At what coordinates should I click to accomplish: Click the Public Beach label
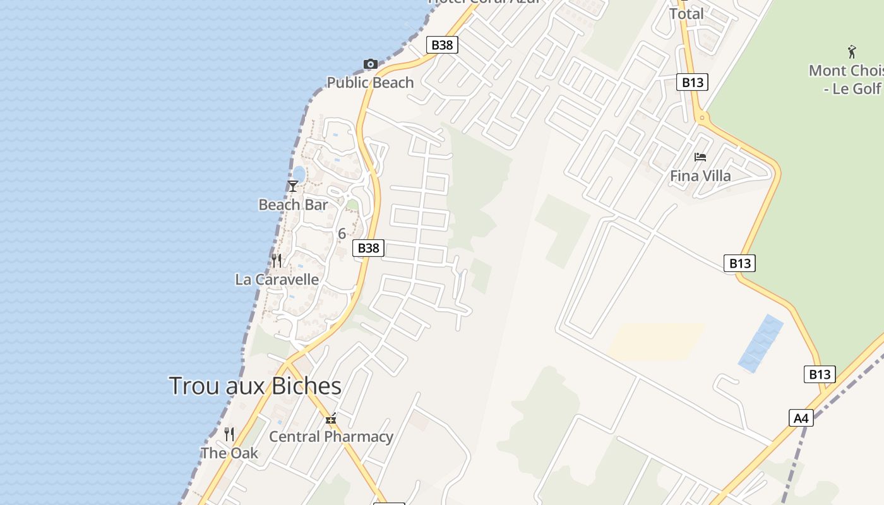pos(370,83)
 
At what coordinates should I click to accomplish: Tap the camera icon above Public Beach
pos(371,64)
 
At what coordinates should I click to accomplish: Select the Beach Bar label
pos(293,205)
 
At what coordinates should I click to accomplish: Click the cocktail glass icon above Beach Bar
pos(292,186)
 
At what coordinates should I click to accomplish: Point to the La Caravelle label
pos(277,279)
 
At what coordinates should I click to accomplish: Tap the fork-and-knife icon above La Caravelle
pos(277,260)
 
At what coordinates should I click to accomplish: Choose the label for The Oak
pos(229,453)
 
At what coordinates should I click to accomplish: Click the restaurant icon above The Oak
pos(229,434)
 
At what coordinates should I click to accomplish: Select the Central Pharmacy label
pos(331,436)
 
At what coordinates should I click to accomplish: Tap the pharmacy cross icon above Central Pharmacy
pos(331,419)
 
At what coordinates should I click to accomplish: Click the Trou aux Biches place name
pos(255,386)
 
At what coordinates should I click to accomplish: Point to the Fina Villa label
pos(700,175)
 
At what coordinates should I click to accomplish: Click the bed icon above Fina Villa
pos(700,157)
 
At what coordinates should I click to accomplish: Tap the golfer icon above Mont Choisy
pos(852,52)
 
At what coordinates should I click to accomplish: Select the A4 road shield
pos(801,418)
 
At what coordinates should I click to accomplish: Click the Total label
pos(686,13)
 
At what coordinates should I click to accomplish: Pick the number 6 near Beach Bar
pos(342,234)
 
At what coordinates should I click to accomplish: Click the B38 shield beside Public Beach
pos(442,45)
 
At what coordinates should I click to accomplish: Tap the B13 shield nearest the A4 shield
pos(820,374)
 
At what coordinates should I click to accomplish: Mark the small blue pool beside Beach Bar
pos(299,174)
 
